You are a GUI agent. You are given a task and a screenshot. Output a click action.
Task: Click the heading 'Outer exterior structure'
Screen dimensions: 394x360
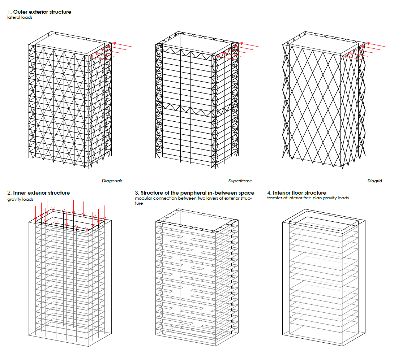pyautogui.click(x=42, y=12)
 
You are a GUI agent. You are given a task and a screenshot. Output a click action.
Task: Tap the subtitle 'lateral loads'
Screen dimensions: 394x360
pyautogui.click(x=20, y=17)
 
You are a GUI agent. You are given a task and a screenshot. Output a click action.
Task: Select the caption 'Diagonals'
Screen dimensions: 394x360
pyautogui.click(x=112, y=181)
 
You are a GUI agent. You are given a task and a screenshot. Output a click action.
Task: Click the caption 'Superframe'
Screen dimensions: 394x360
pyautogui.click(x=240, y=181)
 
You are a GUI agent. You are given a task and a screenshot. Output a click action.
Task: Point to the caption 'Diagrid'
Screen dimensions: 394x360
pyautogui.click(x=374, y=181)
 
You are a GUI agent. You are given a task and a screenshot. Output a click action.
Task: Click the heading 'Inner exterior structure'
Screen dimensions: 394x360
pyautogui.click(x=42, y=193)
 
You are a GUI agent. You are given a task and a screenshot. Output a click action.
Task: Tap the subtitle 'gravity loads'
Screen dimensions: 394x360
pyautogui.click(x=20, y=199)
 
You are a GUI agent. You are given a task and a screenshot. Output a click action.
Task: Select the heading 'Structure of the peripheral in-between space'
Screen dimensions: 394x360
pyautogui.click(x=197, y=193)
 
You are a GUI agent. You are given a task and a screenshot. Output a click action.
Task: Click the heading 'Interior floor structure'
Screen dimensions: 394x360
pyautogui.click(x=300, y=193)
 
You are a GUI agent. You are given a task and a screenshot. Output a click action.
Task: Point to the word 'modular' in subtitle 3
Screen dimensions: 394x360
pyautogui.click(x=144, y=198)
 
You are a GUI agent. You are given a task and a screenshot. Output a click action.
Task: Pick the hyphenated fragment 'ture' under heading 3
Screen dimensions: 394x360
pyautogui.click(x=139, y=203)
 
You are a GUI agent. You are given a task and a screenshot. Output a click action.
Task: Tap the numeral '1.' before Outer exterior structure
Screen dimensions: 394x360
pyautogui.click(x=9, y=12)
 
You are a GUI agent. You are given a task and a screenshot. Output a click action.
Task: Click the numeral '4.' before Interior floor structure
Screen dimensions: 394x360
pyautogui.click(x=269, y=193)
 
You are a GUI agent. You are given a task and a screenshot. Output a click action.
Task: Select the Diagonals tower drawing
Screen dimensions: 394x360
pyautogui.click(x=70, y=100)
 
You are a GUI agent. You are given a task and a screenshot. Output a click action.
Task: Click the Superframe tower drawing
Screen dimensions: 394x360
pyautogui.click(x=197, y=100)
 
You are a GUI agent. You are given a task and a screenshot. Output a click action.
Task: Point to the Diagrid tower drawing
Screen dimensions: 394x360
pyautogui.click(x=324, y=100)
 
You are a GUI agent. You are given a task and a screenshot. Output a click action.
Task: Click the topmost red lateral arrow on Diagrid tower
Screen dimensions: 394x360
pyautogui.click(x=375, y=45)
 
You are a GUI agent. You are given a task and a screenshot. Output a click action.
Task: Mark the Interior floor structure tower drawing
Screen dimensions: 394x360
pyautogui.click(x=324, y=278)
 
